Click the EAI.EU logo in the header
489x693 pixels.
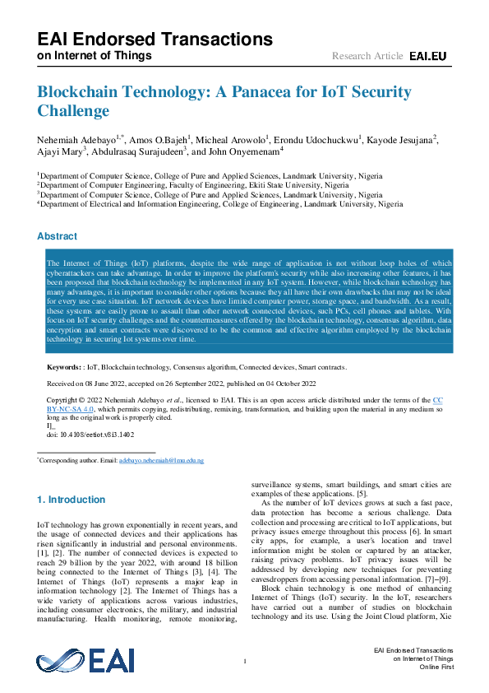point(427,56)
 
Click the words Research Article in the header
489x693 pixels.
point(367,56)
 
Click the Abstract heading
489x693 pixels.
point(58,236)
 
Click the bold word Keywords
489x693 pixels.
point(63,368)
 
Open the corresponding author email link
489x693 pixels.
point(161,462)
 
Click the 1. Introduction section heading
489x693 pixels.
point(72,500)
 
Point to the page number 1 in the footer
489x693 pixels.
point(245,661)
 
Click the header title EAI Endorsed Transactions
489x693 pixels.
point(155,39)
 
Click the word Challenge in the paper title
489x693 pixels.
point(73,110)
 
